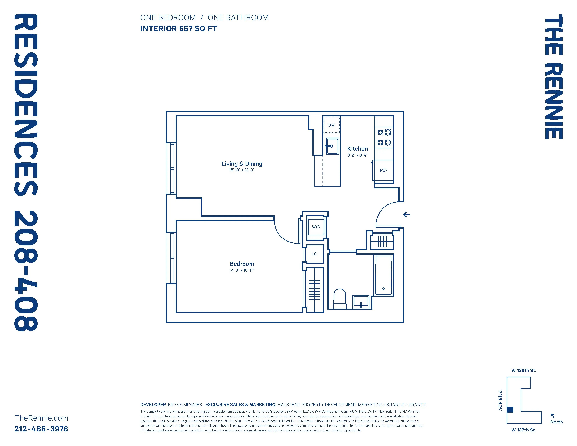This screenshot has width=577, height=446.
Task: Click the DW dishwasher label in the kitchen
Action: (x=331, y=125)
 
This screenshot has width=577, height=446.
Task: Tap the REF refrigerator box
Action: (x=384, y=170)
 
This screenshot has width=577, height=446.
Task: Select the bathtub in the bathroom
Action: (x=383, y=275)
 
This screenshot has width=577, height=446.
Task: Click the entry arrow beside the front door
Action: (x=406, y=215)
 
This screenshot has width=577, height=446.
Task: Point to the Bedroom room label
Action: (x=242, y=264)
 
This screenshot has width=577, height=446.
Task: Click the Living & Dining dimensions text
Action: (x=242, y=170)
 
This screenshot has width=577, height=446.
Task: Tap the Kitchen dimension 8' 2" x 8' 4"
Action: (x=357, y=155)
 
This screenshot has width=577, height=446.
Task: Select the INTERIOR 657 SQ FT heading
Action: (x=179, y=29)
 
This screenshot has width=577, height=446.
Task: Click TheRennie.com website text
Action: (x=41, y=418)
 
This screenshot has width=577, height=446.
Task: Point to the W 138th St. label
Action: (x=524, y=370)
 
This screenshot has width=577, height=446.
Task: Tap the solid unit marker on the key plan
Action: (x=510, y=410)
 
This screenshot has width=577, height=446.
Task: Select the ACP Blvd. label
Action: (x=500, y=400)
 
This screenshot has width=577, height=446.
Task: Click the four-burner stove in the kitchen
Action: (x=384, y=137)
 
